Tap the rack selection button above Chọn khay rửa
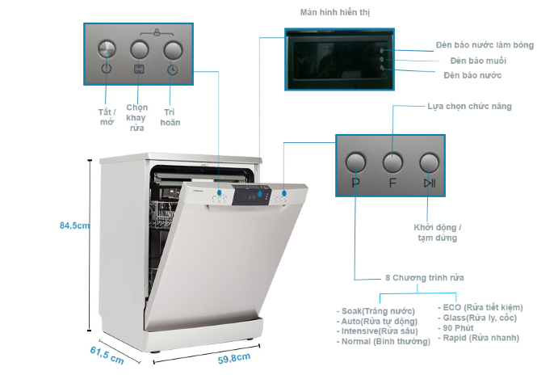coord(139,49)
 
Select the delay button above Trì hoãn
coord(172,49)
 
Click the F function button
coord(392,161)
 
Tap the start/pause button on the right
coord(430,161)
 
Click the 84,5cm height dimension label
coord(74,225)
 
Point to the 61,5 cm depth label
coord(107,354)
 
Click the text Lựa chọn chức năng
coord(468,106)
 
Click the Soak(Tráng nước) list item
coord(376,310)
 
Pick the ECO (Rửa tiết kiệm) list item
coord(480,307)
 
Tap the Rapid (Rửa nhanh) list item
coord(479,338)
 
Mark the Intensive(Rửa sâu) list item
coord(376,331)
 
